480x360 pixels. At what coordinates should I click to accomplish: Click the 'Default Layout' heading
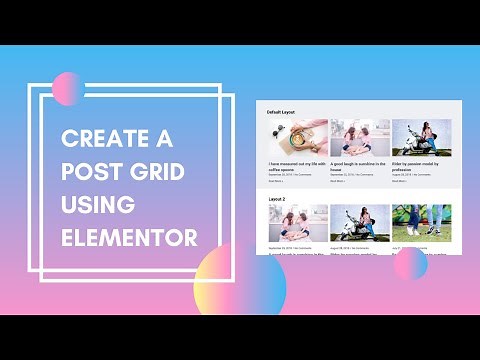click(x=282, y=112)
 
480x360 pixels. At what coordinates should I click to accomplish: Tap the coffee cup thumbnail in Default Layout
click(x=298, y=138)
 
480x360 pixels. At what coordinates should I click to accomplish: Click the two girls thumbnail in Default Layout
click(x=359, y=138)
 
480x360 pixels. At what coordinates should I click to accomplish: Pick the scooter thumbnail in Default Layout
click(x=421, y=138)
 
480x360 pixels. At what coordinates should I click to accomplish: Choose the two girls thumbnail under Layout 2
click(x=298, y=222)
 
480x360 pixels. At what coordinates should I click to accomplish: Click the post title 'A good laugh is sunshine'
click(x=358, y=164)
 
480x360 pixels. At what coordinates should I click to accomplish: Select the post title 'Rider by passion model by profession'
click(x=419, y=164)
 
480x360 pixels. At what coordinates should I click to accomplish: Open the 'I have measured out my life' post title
click(x=297, y=164)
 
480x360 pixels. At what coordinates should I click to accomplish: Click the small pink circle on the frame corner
click(x=67, y=89)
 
